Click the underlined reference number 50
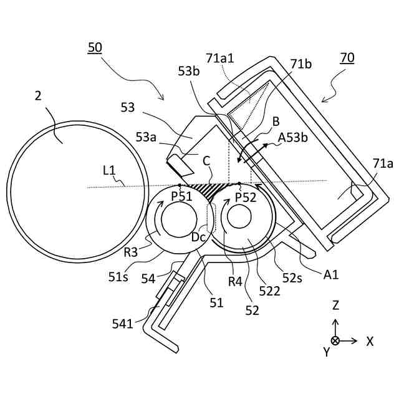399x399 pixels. pyautogui.click(x=95, y=47)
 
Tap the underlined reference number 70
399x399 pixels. pyautogui.click(x=347, y=58)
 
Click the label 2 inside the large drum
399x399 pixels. pyautogui.click(x=38, y=95)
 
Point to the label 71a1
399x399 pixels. pyautogui.click(x=220, y=58)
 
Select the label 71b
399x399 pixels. pyautogui.click(x=301, y=64)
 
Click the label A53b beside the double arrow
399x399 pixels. pyautogui.click(x=293, y=138)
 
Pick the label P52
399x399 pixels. pyautogui.click(x=246, y=198)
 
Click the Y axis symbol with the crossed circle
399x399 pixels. pyautogui.click(x=335, y=340)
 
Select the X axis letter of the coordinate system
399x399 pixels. pyautogui.click(x=370, y=341)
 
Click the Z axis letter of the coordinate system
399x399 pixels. pyautogui.click(x=335, y=305)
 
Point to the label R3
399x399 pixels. pyautogui.click(x=130, y=252)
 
